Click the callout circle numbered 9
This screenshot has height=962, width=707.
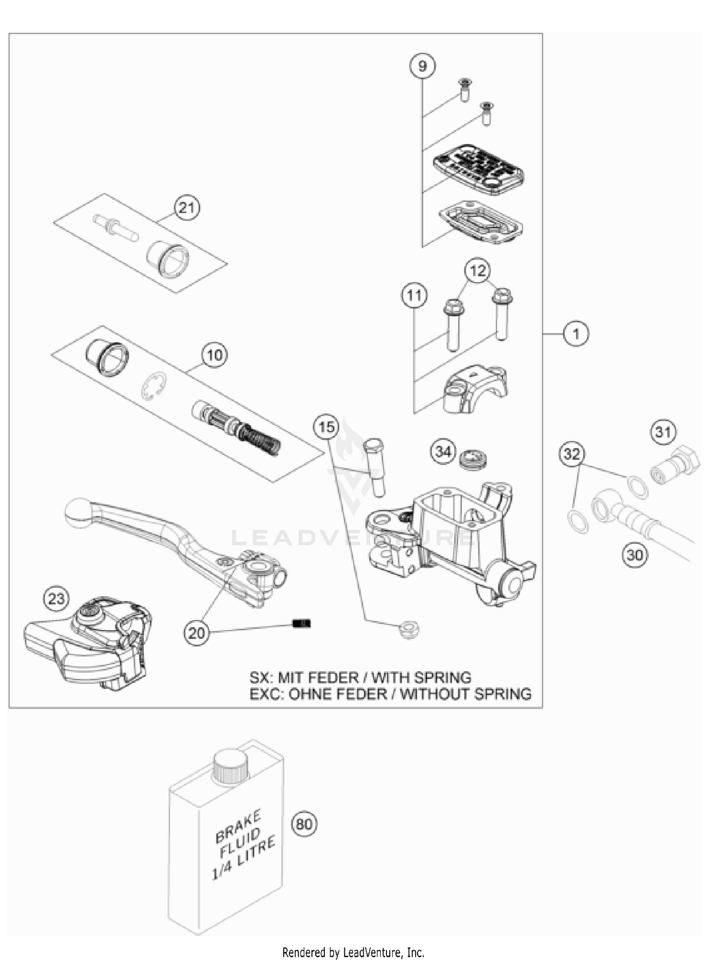tap(422, 66)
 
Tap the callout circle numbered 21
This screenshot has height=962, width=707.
tap(187, 208)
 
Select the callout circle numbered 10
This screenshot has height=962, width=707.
tap(214, 355)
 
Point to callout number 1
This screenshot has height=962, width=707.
tap(576, 334)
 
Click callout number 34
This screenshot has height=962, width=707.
tap(443, 452)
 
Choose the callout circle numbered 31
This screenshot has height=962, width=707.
tap(664, 432)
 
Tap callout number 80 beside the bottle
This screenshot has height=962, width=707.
tap(304, 824)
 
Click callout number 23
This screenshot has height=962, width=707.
tap(56, 599)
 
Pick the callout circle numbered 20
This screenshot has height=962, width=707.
tap(196, 633)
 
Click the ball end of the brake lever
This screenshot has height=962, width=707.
tap(78, 513)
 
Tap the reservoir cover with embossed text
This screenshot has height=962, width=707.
tap(478, 170)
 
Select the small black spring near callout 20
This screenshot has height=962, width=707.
tap(302, 624)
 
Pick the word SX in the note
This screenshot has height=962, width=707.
tap(259, 677)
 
